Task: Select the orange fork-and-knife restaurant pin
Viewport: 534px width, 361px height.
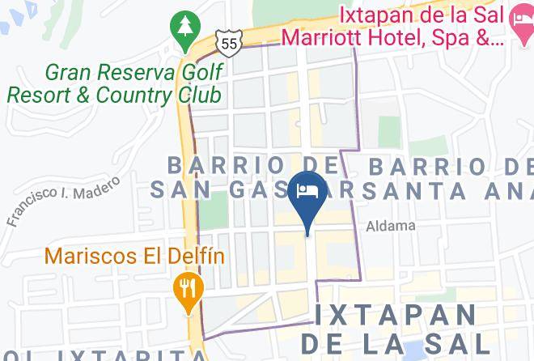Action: point(188,290)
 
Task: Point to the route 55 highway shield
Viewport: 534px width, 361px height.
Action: point(229,37)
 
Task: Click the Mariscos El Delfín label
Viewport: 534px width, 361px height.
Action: point(134,256)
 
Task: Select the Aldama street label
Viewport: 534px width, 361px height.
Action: point(390,226)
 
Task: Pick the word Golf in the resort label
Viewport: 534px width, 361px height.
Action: point(191,72)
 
